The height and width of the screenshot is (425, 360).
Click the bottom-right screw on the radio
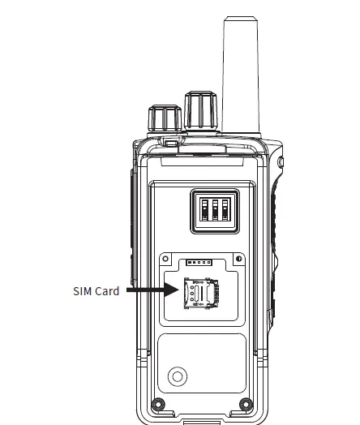click(x=245, y=403)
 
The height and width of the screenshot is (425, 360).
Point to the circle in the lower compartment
click(x=175, y=376)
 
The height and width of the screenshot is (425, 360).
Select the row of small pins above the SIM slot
click(x=197, y=263)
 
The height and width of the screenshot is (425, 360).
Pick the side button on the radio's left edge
click(x=132, y=219)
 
